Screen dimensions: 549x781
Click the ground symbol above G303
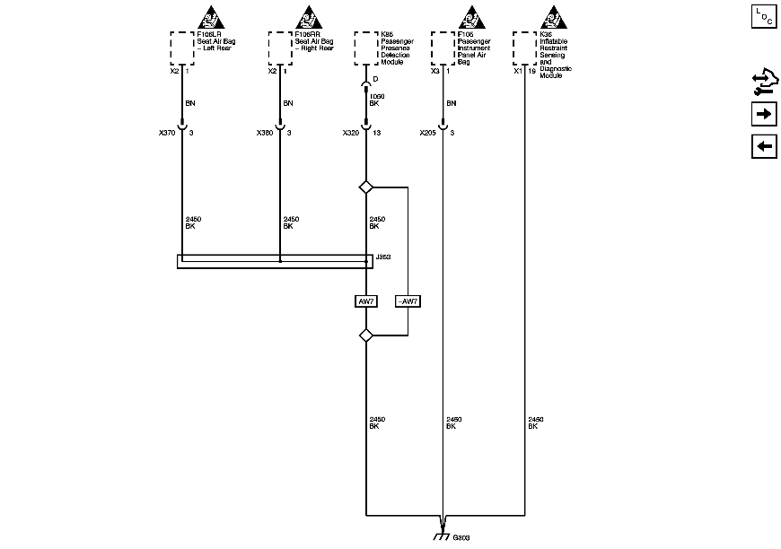pyautogui.click(x=442, y=536)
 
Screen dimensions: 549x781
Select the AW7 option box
pyautogui.click(x=365, y=301)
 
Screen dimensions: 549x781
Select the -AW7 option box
pyautogui.click(x=408, y=301)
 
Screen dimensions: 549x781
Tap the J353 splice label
pyautogui.click(x=382, y=256)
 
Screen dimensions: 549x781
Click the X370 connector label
pyautogui.click(x=166, y=133)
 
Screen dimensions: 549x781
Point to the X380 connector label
pyautogui.click(x=264, y=133)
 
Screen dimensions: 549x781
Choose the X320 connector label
pyautogui.click(x=351, y=133)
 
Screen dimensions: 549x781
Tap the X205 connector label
pyautogui.click(x=428, y=133)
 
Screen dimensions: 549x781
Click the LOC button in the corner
pyautogui.click(x=764, y=17)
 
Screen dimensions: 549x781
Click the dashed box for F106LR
pyautogui.click(x=182, y=48)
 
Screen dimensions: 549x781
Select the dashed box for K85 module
pyautogui.click(x=366, y=48)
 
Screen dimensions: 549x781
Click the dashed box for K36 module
pyautogui.click(x=525, y=48)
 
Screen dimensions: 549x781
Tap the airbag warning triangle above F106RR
pyautogui.click(x=308, y=18)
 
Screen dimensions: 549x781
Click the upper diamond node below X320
pyautogui.click(x=365, y=187)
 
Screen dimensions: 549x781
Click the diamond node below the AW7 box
pyautogui.click(x=365, y=335)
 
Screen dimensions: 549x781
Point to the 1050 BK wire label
pyautogui.click(x=376, y=100)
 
